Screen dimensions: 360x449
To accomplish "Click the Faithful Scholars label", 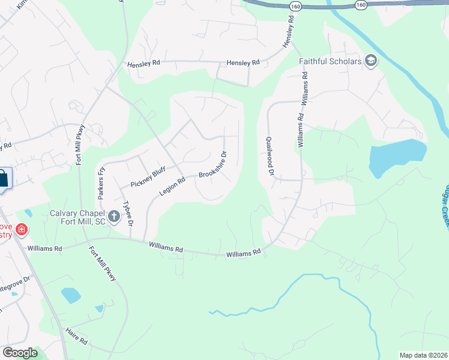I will point(330,61).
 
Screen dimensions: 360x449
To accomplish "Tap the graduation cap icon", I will point(371,61).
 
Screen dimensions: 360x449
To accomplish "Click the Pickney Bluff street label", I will point(148,178).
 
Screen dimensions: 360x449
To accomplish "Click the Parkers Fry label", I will point(102,182).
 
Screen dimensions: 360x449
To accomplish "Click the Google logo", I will point(20,352).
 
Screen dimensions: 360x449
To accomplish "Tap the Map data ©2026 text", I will point(423,355).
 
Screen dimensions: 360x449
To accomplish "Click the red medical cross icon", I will point(22,229).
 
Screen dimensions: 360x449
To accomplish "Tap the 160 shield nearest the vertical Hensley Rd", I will point(295,5).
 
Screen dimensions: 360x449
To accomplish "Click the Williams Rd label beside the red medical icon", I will point(44,248).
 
